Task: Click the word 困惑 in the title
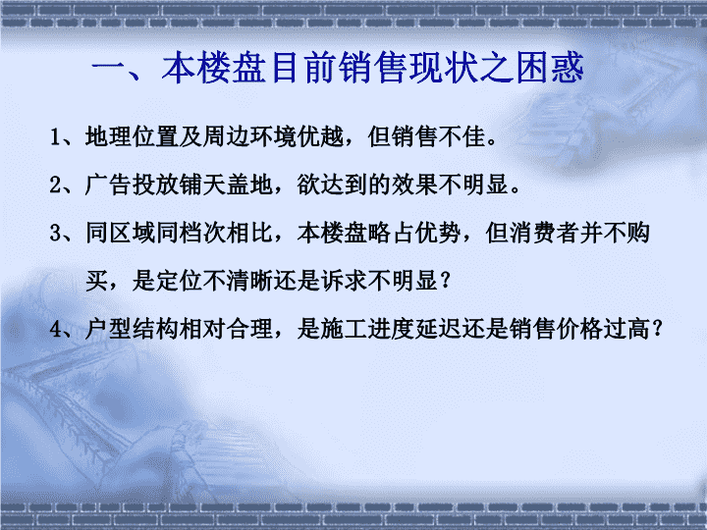pos(550,68)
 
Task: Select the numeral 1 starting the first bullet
pos(55,137)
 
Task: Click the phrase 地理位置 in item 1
pos(133,136)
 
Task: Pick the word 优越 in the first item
pos(321,136)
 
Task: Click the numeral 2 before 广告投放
pos(55,185)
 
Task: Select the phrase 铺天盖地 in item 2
pos(226,185)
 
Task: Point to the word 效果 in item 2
pos(414,185)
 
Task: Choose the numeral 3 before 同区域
pos(55,234)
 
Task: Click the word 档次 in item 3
pos(203,233)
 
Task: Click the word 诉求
pos(345,281)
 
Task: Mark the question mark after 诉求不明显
pos(446,282)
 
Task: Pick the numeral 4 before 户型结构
pos(55,330)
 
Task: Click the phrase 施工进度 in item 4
pos(368,329)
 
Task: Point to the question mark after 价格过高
pos(658,330)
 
